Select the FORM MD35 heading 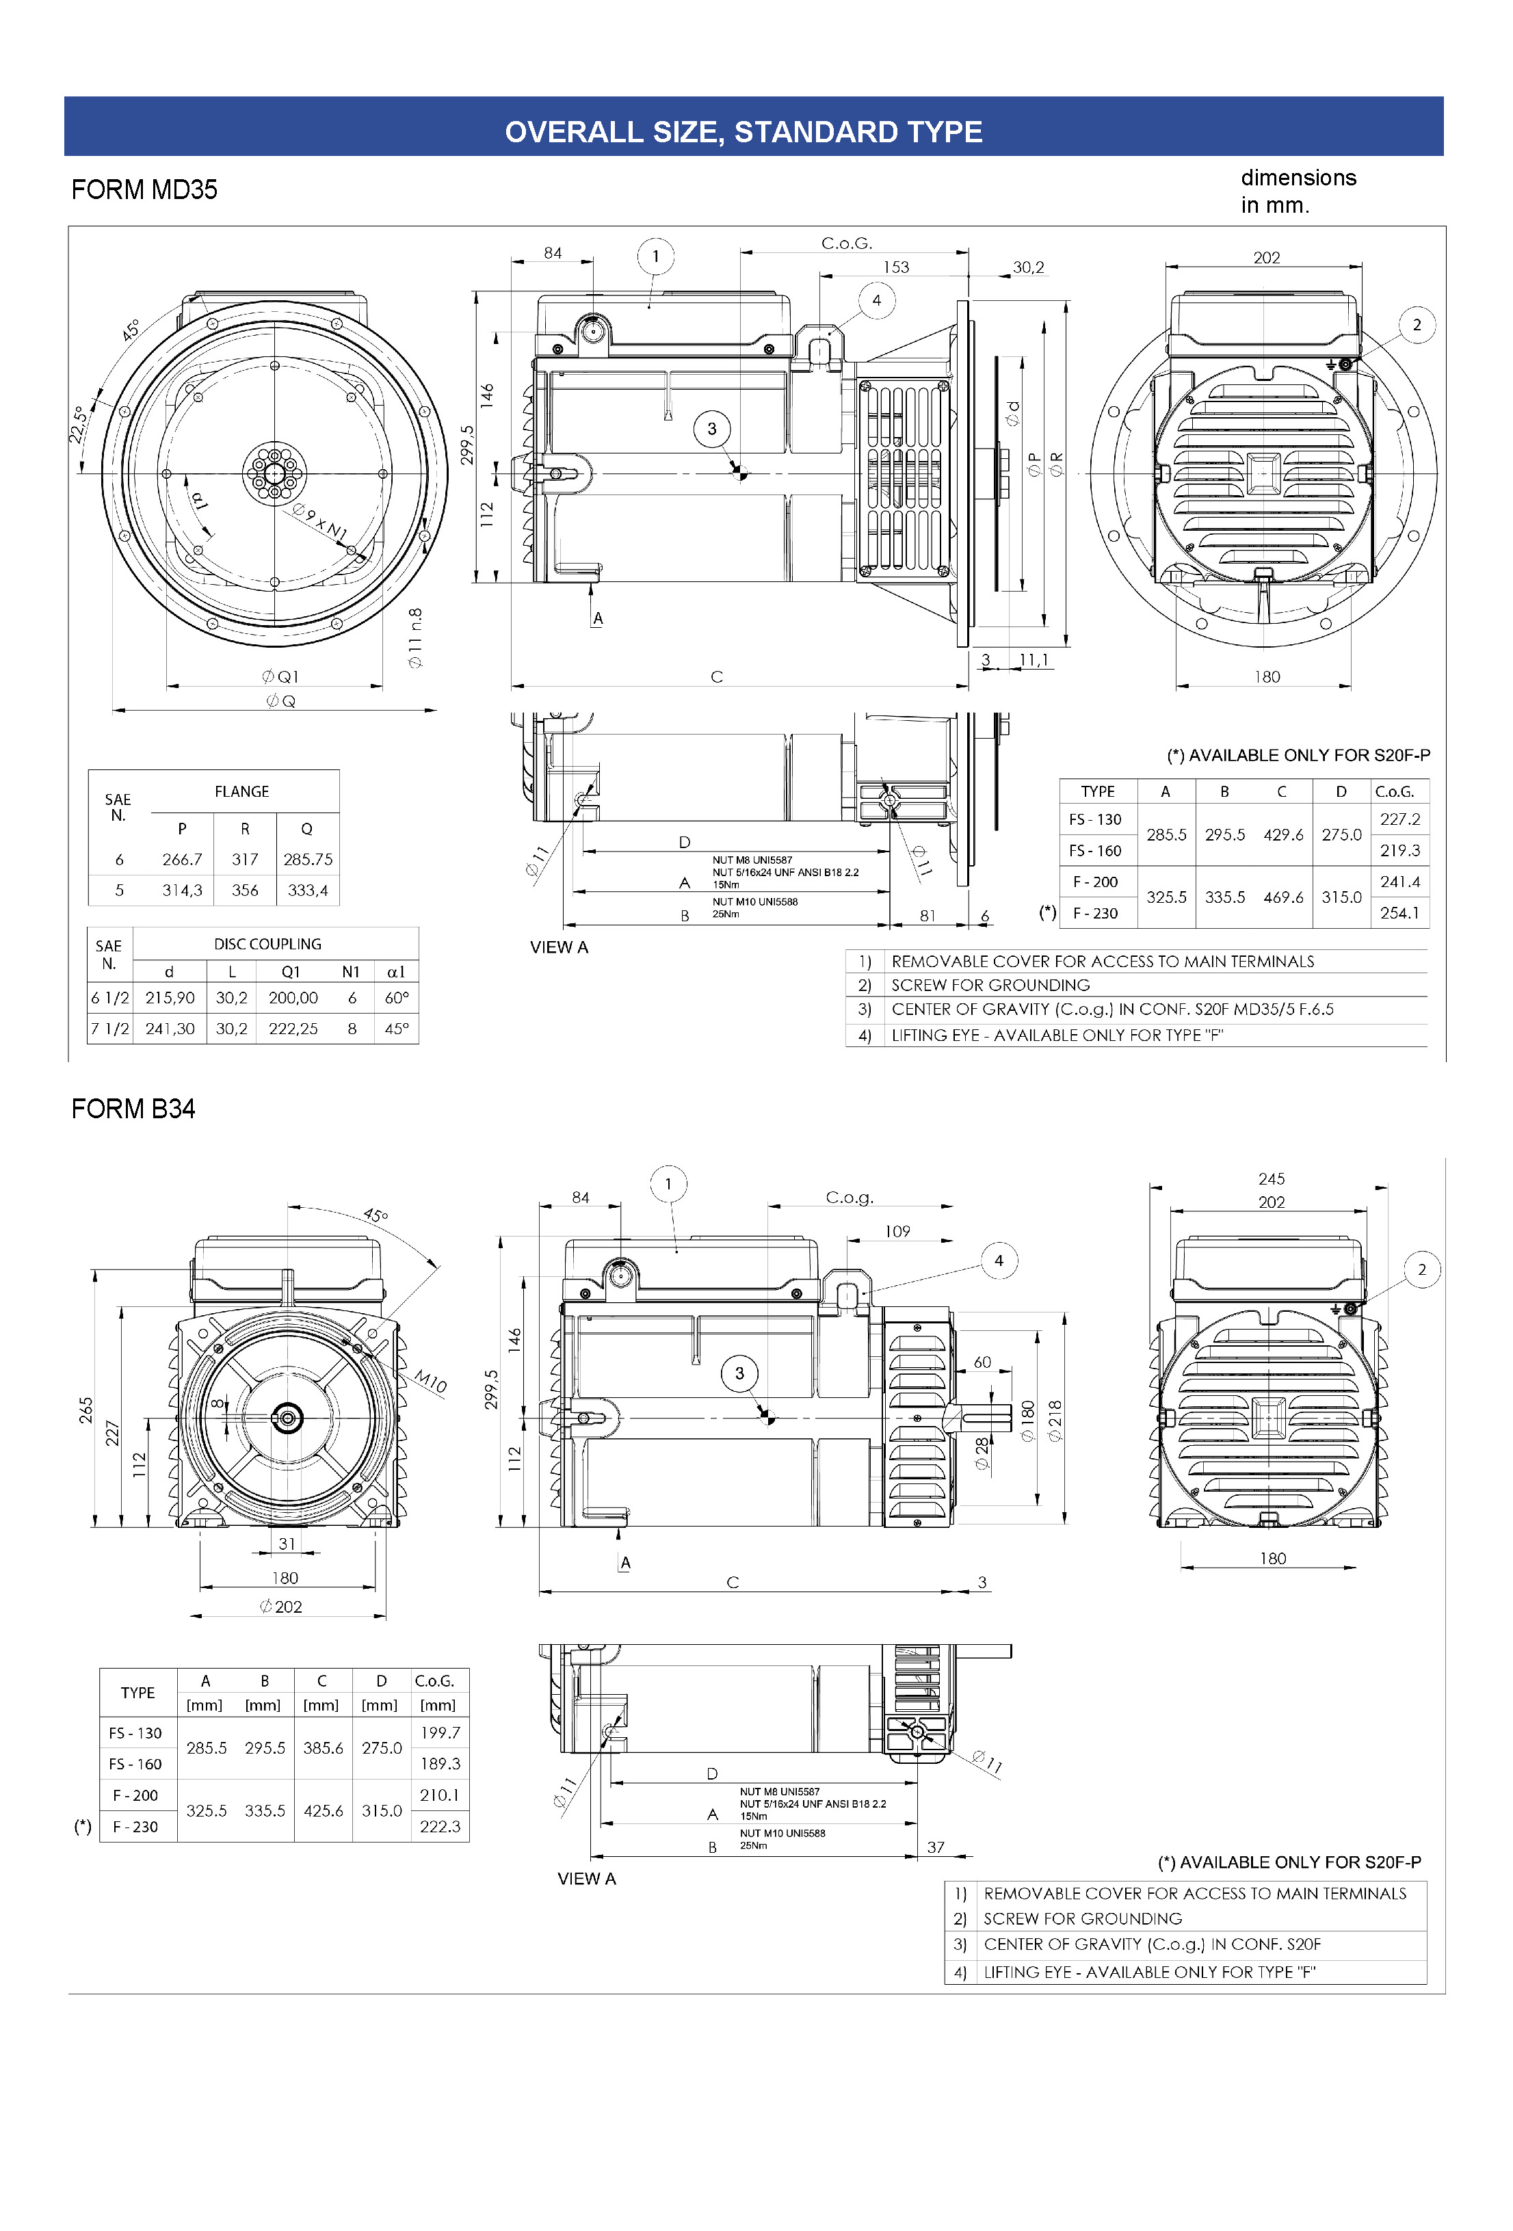point(144,189)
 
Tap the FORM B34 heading point(133,1109)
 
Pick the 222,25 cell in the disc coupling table point(293,1028)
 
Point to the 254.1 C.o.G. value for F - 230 point(1399,913)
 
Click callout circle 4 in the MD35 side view point(876,300)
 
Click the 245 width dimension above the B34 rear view point(1271,1179)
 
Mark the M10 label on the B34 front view point(431,1382)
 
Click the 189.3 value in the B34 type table point(440,1763)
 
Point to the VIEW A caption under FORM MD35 point(559,947)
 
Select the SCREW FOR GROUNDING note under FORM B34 point(1082,1918)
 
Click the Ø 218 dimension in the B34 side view point(1055,1421)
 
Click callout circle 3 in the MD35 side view point(711,429)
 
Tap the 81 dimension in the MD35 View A point(927,916)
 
